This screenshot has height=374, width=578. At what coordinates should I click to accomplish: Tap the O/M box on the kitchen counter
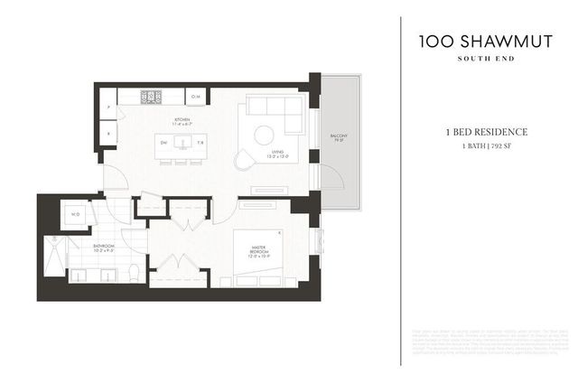click(x=196, y=96)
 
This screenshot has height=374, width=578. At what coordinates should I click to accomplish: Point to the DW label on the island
click(x=164, y=143)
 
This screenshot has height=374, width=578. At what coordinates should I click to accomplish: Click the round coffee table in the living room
click(x=263, y=135)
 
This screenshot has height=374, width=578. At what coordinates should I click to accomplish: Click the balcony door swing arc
click(x=331, y=177)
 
